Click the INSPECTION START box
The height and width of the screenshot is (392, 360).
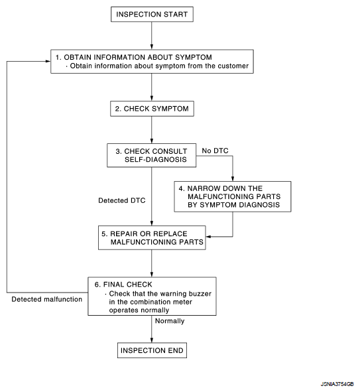click(x=152, y=14)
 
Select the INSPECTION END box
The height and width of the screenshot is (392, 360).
click(x=152, y=350)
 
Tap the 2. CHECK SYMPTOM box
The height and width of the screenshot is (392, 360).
click(x=152, y=109)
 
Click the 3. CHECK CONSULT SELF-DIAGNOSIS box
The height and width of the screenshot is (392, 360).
click(x=151, y=155)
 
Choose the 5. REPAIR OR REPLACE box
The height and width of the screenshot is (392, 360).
click(x=152, y=237)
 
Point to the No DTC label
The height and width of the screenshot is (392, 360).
click(x=215, y=151)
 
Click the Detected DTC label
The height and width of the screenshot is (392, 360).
click(x=122, y=200)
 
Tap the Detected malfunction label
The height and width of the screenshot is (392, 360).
click(x=46, y=299)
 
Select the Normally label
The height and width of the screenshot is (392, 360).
click(x=170, y=321)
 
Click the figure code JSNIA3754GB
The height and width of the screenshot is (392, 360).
click(x=337, y=384)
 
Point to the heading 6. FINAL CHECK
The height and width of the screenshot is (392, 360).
click(x=123, y=285)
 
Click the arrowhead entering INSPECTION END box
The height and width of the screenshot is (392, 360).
click(x=151, y=340)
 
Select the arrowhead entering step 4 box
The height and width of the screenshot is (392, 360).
click(x=233, y=178)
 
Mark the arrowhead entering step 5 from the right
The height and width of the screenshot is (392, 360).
click(x=209, y=237)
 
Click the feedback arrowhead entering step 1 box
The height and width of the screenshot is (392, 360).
click(x=48, y=61)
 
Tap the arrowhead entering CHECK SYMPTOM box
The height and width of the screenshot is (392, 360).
click(x=151, y=98)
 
